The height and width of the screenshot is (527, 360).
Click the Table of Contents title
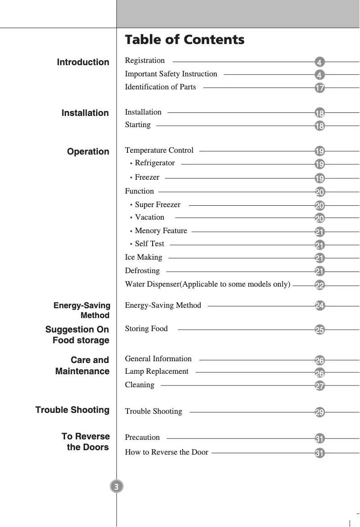tap(184, 40)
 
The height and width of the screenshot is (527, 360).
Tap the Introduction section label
tap(83, 62)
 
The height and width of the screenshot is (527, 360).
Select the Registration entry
tap(145, 61)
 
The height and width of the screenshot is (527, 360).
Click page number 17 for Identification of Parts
tap(320, 88)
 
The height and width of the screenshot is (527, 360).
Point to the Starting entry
tap(138, 125)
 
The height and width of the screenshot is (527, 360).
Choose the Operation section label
tap(88, 152)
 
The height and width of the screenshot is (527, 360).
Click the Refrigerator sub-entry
tap(154, 163)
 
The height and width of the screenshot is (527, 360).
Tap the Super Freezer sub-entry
tap(157, 205)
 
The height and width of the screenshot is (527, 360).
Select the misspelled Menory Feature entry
tap(161, 231)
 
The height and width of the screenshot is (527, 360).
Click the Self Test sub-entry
tap(149, 244)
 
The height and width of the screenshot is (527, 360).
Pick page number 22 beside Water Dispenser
tap(320, 286)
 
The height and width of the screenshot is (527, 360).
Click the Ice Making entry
tap(143, 257)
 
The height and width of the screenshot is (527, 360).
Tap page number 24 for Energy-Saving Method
tap(320, 306)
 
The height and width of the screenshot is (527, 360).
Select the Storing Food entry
tap(146, 329)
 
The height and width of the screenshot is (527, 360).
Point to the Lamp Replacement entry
tap(157, 372)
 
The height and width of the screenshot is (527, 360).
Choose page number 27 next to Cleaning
tap(320, 386)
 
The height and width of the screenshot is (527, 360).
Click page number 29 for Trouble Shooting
tap(320, 412)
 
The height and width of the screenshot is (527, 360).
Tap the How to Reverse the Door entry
tap(166, 452)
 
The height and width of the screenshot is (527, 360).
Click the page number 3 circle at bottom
tap(116, 487)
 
